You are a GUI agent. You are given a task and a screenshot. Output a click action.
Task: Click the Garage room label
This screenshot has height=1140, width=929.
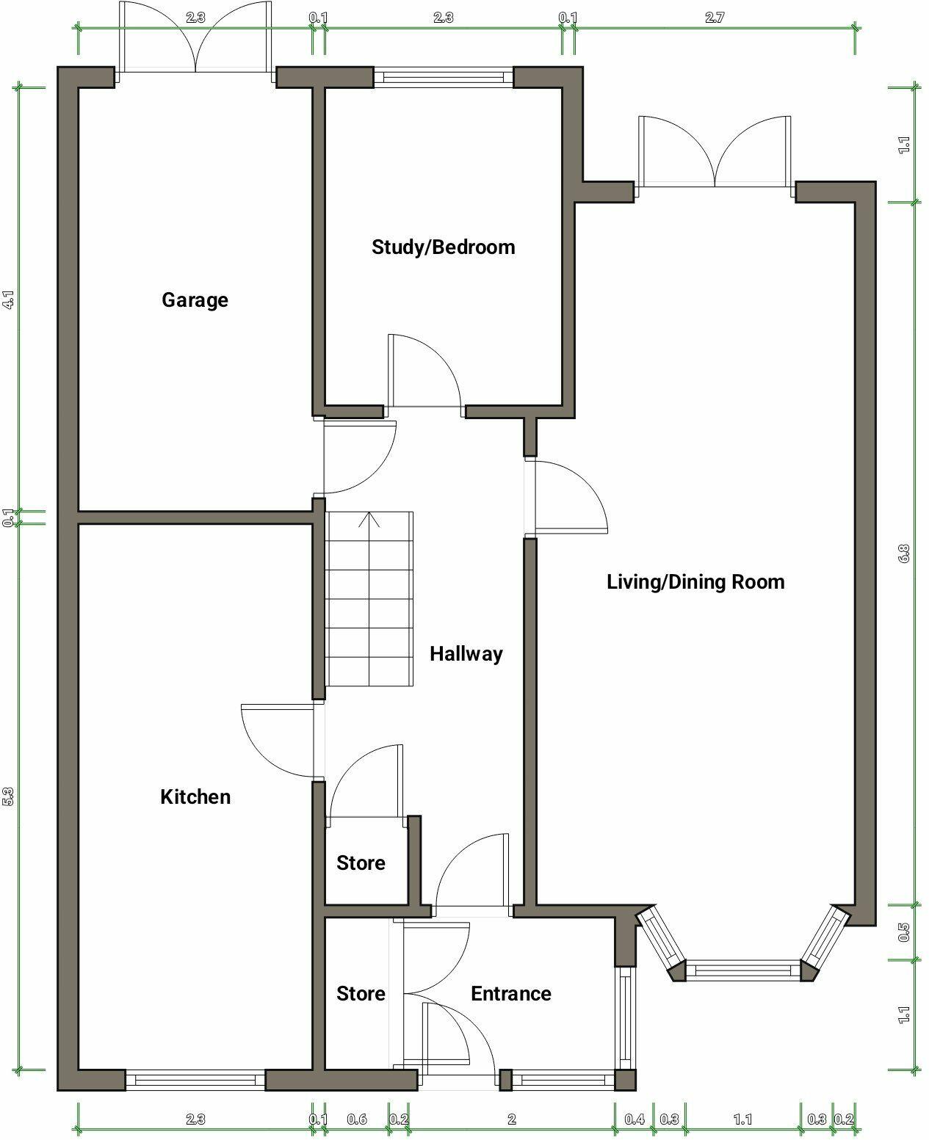coord(195,299)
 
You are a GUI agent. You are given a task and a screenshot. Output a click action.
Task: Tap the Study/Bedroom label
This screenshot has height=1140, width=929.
coord(443,247)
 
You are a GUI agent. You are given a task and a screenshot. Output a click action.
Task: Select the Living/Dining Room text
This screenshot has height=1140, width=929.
coord(695,582)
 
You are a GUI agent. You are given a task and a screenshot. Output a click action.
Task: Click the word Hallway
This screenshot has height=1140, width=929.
coord(466,653)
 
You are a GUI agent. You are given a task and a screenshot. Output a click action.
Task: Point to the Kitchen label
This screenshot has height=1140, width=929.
coord(195,796)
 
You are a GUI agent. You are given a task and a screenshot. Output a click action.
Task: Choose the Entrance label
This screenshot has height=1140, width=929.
coord(510,993)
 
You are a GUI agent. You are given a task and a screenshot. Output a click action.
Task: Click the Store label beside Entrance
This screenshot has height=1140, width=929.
coord(361,993)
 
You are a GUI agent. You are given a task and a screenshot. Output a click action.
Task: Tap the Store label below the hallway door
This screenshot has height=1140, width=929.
coord(361,863)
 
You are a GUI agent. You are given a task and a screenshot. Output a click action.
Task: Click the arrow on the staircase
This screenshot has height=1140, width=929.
coord(369,520)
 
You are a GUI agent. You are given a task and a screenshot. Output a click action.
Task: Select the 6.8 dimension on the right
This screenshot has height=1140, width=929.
coord(904,553)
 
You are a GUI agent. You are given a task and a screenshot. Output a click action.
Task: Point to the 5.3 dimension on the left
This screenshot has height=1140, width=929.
coord(9,796)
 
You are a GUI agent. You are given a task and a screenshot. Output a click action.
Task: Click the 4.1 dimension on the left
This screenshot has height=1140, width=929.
coord(9,299)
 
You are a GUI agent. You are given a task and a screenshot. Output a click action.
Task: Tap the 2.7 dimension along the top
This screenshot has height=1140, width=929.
coord(714,18)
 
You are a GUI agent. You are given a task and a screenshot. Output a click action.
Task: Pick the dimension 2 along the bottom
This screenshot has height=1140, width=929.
coord(512,1119)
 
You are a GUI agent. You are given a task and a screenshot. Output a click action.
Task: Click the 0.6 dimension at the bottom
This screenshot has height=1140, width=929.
coord(357,1119)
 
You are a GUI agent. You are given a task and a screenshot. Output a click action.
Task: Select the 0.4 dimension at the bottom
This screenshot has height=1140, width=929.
coord(634,1119)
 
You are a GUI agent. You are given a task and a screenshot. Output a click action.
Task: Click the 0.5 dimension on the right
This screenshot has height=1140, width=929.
coord(904,932)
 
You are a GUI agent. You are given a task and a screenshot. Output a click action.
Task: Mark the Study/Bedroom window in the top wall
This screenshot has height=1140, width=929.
coord(444,76)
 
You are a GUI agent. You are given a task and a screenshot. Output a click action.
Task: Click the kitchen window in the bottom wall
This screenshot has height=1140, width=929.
coord(195,1080)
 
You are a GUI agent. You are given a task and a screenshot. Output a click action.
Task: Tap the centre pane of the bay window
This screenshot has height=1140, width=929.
coord(742,970)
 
